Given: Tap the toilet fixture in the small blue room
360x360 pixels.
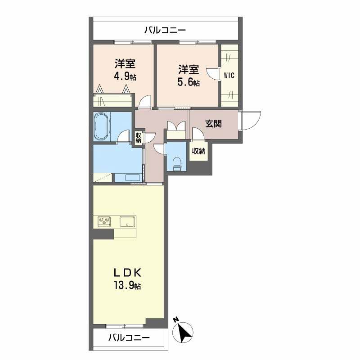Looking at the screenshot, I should [x=177, y=162].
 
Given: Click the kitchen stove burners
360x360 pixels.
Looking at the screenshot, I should [x=106, y=221].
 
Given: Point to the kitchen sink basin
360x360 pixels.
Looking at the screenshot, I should [x=128, y=222].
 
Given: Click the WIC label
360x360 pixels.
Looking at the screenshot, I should [x=229, y=75].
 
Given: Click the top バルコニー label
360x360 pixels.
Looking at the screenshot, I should [x=165, y=31].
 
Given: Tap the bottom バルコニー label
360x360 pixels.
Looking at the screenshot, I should [x=129, y=337].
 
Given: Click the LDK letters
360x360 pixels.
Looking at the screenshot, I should [x=126, y=273].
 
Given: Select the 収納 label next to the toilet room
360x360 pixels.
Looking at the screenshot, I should [x=198, y=151].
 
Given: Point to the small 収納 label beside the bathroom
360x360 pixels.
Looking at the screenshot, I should [x=138, y=138].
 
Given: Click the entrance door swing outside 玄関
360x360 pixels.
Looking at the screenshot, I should [x=251, y=120].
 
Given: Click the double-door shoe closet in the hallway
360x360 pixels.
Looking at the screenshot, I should [x=176, y=130].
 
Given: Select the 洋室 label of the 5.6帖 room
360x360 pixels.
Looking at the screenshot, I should [x=189, y=70].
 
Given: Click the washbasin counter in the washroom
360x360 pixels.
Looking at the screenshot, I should [x=129, y=177].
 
